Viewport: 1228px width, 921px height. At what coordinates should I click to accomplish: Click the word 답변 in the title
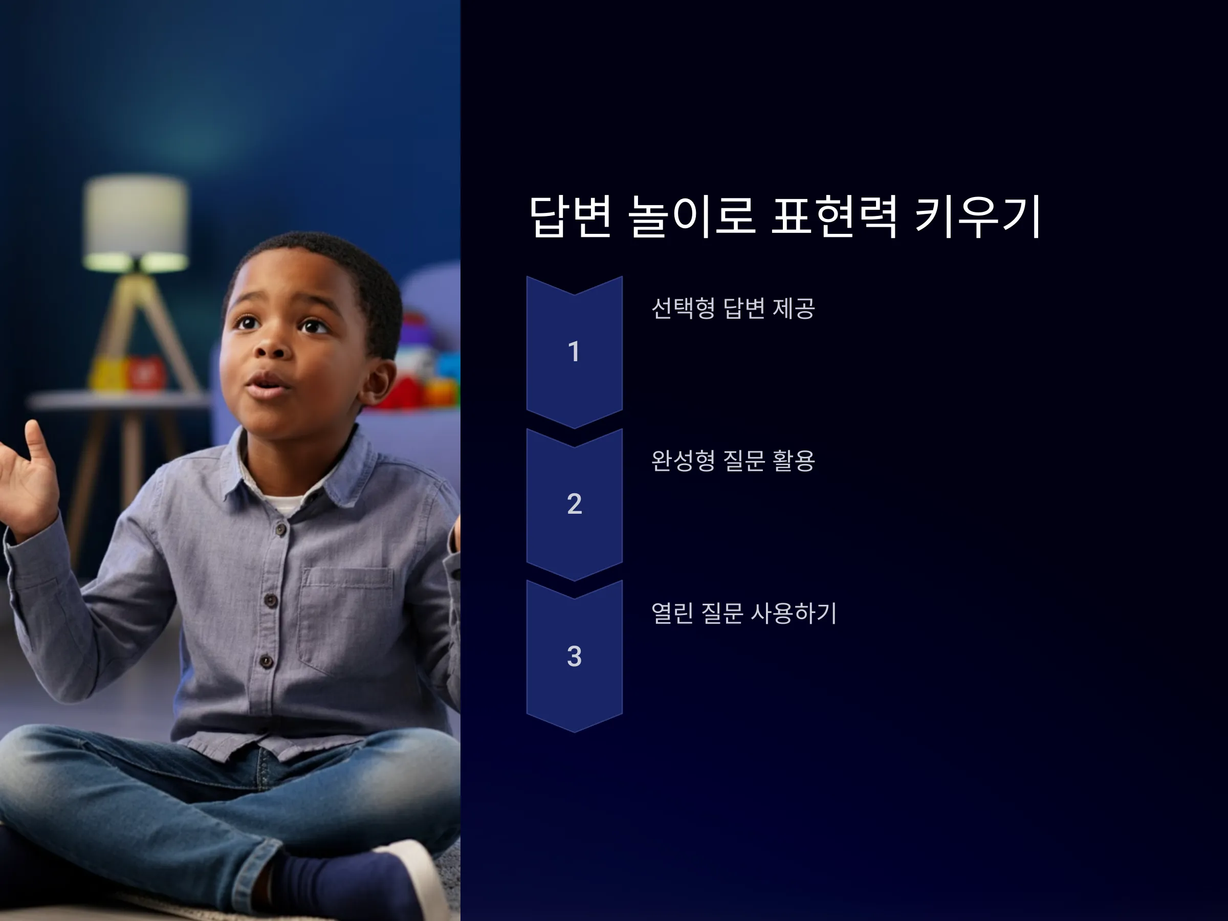(x=571, y=216)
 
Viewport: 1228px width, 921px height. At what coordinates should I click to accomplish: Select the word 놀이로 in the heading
(x=692, y=216)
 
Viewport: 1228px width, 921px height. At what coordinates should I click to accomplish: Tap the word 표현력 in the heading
(x=835, y=216)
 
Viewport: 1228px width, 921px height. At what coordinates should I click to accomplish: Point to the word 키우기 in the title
(x=978, y=216)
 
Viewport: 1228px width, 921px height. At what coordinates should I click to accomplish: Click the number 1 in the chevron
(x=574, y=352)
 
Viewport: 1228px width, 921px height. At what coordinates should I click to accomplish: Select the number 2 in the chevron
(x=575, y=503)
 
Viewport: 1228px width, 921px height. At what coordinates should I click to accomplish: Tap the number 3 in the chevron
(x=575, y=655)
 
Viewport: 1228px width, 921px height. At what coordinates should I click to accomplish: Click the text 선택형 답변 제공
(x=733, y=308)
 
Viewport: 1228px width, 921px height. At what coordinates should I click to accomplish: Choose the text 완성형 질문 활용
(x=733, y=460)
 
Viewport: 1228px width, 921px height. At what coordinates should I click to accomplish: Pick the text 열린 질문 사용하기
(x=744, y=613)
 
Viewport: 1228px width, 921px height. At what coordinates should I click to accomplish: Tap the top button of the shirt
(x=281, y=530)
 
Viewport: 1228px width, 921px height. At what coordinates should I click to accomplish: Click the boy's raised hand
(x=28, y=477)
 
